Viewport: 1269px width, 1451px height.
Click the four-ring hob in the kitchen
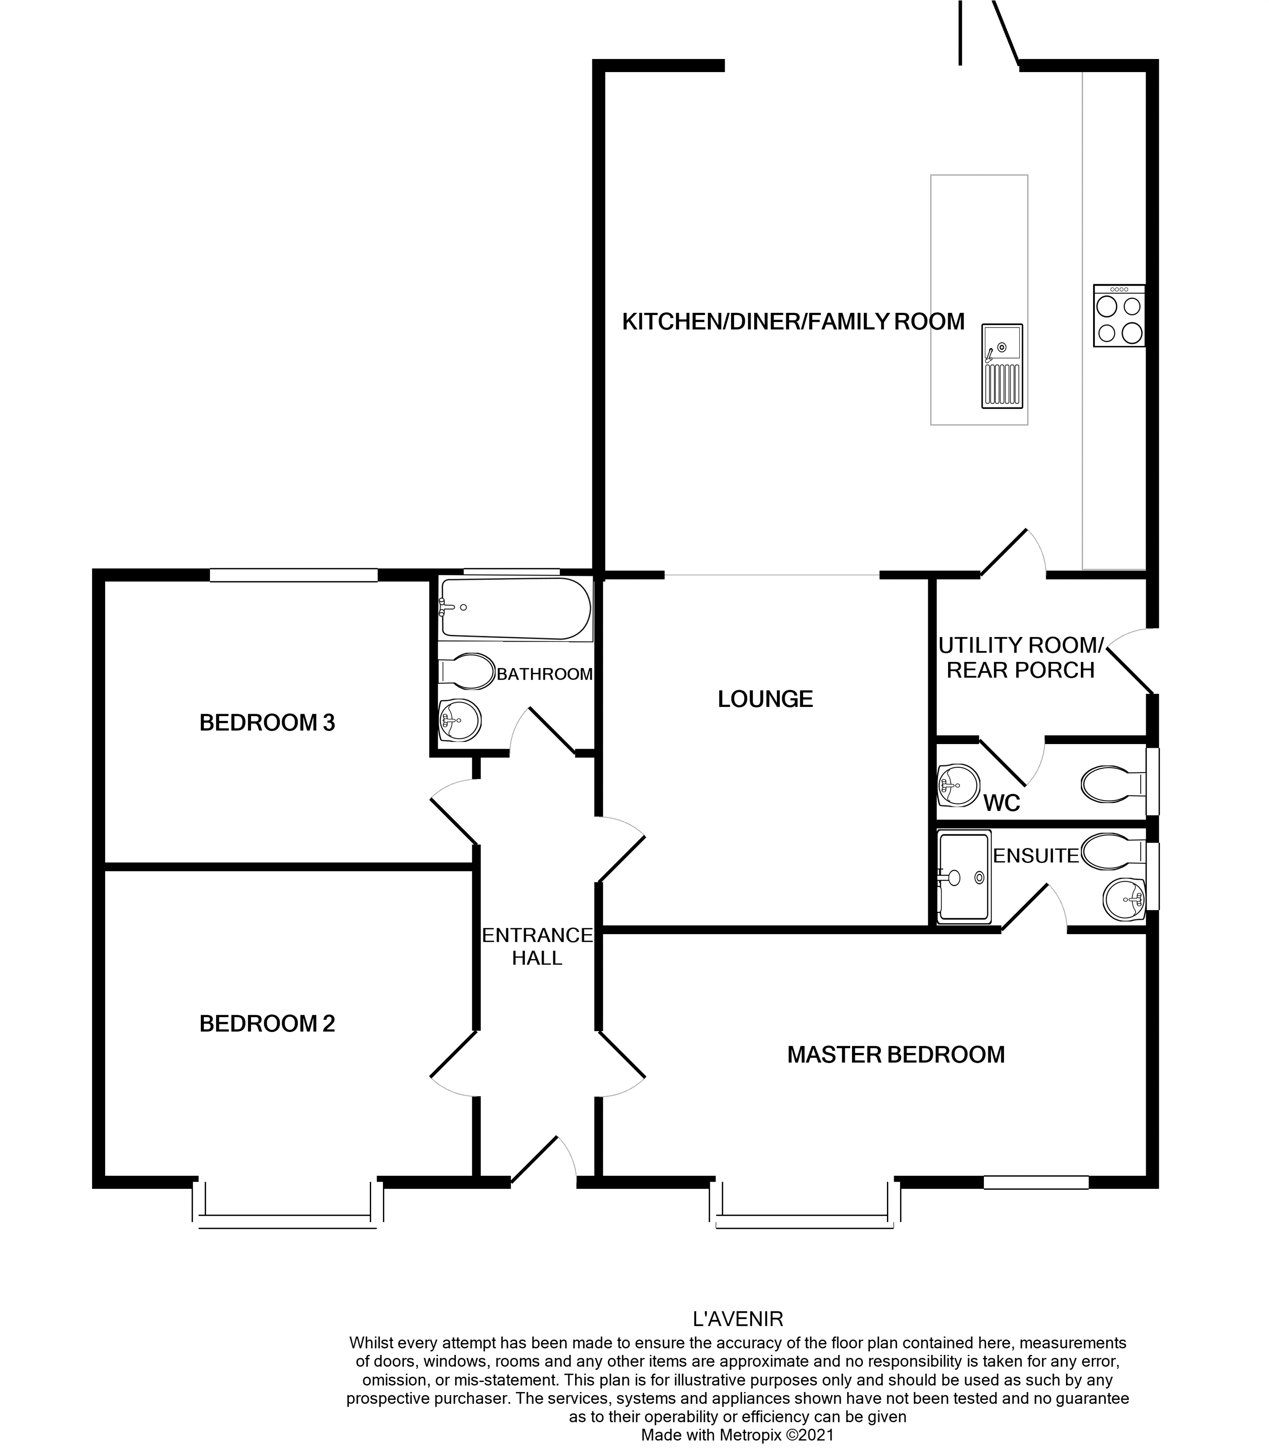click(1119, 316)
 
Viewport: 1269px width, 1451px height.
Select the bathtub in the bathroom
click(515, 608)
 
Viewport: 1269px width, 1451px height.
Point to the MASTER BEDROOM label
click(896, 1055)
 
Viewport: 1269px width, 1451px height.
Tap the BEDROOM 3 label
click(267, 723)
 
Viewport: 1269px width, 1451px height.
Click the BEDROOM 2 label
click(267, 1024)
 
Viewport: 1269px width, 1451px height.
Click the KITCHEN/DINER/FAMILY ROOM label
click(793, 321)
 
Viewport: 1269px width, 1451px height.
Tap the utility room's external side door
click(1132, 662)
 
